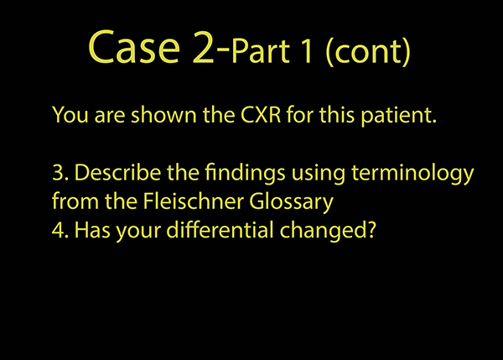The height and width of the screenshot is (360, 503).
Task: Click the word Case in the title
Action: [134, 47]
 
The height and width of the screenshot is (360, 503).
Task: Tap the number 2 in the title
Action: [204, 47]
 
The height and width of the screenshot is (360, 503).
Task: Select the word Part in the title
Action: [261, 50]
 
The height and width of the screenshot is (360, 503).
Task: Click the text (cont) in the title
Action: [368, 51]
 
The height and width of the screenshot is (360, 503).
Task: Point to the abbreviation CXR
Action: [261, 114]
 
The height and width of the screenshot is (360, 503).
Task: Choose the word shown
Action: [163, 114]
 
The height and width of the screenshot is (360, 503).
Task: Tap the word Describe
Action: [117, 173]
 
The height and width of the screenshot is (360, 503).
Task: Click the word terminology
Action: [412, 174]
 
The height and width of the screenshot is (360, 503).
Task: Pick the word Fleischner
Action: [193, 201]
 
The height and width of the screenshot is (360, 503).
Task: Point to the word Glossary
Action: [291, 202]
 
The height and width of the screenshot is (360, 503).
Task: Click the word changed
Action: [323, 232]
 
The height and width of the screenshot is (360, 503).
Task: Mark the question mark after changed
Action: [371, 230]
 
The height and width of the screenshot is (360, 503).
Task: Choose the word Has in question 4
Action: [92, 230]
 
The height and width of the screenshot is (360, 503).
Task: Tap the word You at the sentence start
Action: [70, 115]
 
